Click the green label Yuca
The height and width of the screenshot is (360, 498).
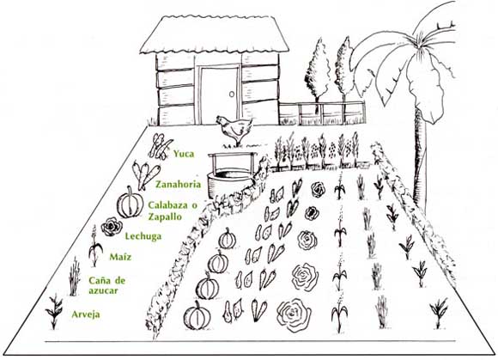tap(184, 154)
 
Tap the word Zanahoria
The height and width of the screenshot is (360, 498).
tap(179, 184)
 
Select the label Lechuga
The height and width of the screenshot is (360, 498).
tap(143, 236)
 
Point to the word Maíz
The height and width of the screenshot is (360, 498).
tap(120, 257)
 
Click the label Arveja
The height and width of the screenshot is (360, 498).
tap(86, 314)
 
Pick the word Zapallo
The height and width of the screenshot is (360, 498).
tap(165, 217)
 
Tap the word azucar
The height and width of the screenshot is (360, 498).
tap(103, 290)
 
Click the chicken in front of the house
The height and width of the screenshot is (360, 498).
tap(234, 129)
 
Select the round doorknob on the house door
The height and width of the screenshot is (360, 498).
tap(232, 95)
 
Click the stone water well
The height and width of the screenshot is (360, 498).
tap(230, 176)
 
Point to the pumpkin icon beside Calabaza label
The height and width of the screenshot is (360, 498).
tap(130, 203)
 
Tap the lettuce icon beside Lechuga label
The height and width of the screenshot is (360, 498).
tap(112, 227)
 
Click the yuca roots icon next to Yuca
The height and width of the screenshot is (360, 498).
tap(160, 146)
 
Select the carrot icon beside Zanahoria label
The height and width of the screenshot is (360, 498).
tap(145, 175)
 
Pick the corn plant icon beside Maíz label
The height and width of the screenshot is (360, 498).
tap(95, 247)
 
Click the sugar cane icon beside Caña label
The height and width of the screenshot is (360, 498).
tap(74, 277)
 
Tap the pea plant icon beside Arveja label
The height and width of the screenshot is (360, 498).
tap(54, 311)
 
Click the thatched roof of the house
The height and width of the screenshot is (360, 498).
tap(215, 34)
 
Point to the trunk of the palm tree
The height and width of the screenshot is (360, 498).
tap(420, 159)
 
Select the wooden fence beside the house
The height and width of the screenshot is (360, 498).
tap(322, 113)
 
